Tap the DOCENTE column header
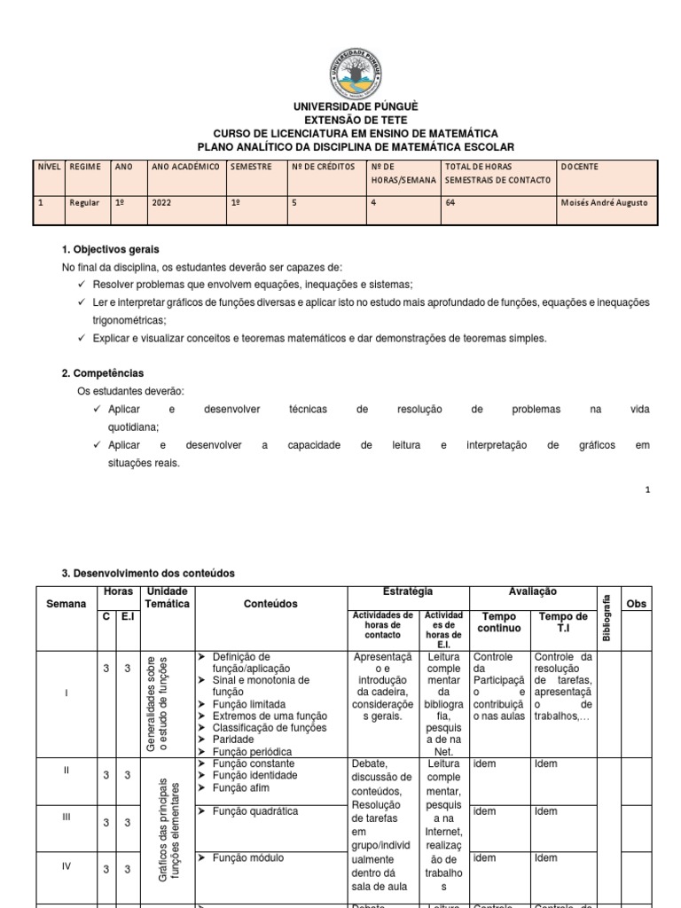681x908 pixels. (580, 167)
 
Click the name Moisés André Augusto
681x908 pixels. (605, 202)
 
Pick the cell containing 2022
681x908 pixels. (161, 202)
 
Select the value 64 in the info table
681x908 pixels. (451, 202)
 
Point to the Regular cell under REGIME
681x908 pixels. (85, 202)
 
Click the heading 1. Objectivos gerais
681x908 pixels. (110, 250)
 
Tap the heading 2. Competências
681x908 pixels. (103, 373)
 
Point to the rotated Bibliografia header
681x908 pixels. (607, 617)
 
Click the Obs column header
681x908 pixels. (637, 604)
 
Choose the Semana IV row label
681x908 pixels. (66, 866)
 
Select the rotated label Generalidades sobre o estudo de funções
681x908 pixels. (157, 704)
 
